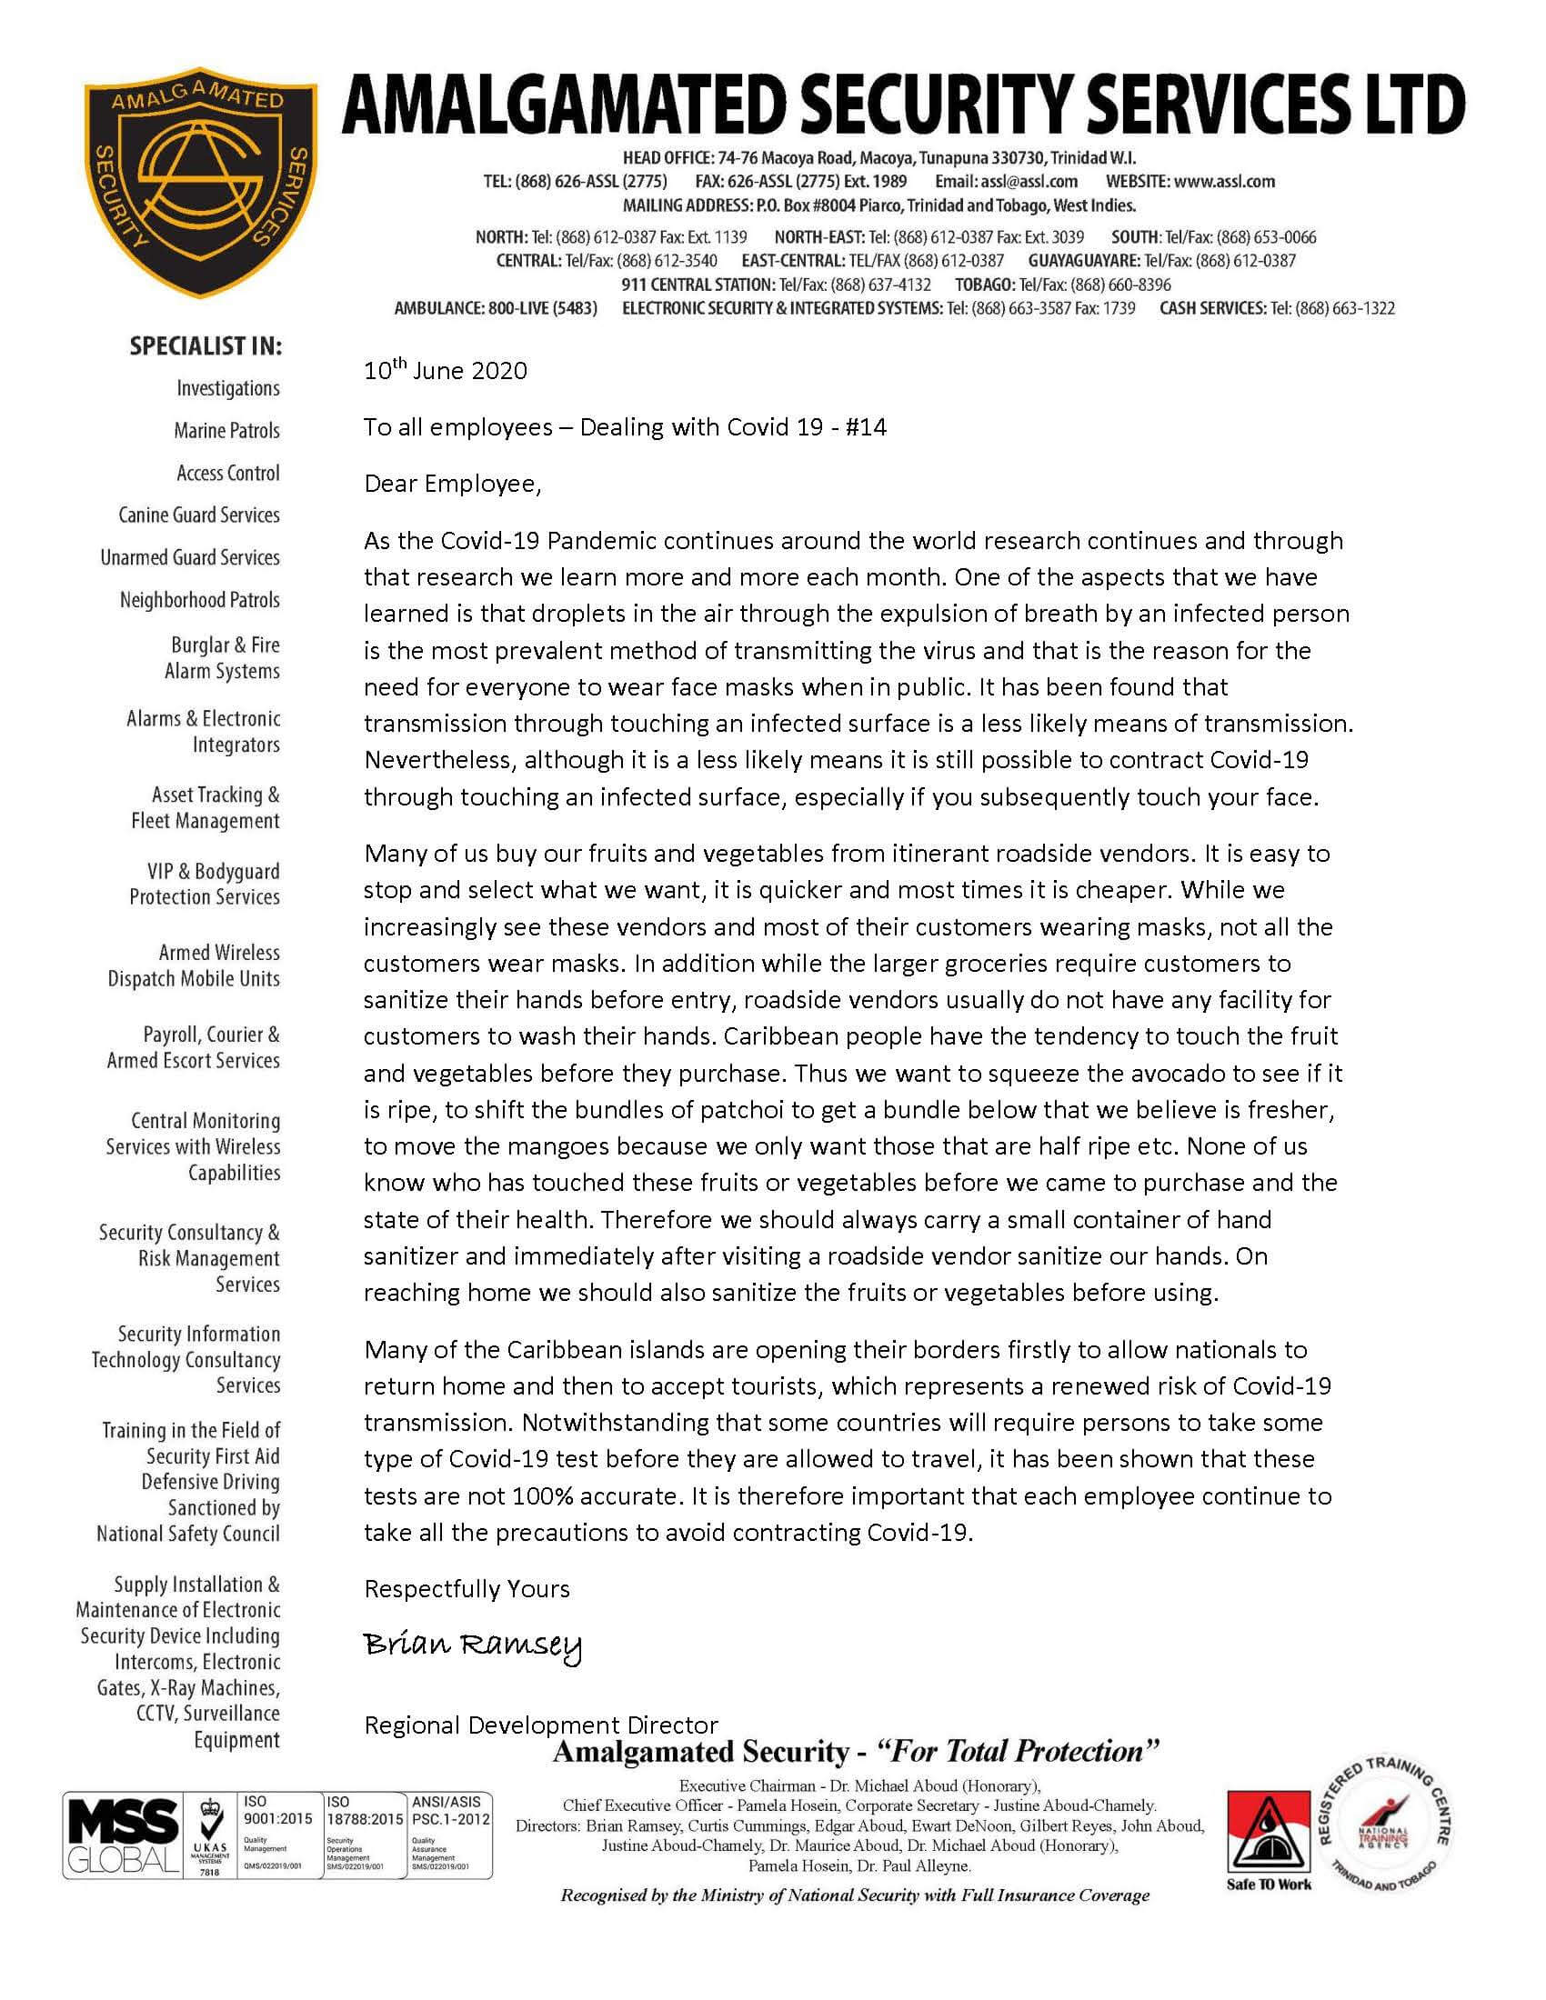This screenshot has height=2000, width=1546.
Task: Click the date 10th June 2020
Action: tap(445, 370)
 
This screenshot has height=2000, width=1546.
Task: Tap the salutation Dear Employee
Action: tap(453, 484)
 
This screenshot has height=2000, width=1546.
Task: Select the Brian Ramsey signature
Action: tap(473, 1647)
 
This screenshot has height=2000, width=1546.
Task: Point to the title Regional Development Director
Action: tap(540, 1725)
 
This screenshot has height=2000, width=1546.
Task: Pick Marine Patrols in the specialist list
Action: tap(226, 430)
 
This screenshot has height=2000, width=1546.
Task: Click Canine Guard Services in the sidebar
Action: tap(199, 515)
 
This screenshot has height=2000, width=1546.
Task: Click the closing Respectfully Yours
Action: tap(467, 1588)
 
